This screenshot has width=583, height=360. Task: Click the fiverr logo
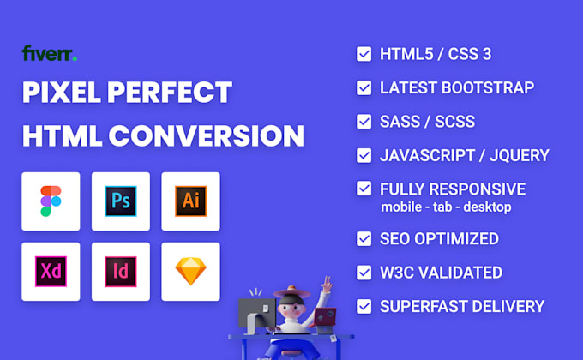click(50, 54)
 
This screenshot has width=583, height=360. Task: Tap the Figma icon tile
click(51, 201)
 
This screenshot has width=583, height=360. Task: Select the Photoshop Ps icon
click(121, 201)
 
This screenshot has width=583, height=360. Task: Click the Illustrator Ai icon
click(190, 201)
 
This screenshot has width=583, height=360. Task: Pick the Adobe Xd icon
click(51, 271)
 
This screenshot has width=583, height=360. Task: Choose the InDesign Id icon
click(121, 271)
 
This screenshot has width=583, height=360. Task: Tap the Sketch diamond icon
click(190, 271)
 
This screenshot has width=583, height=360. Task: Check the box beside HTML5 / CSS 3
click(364, 54)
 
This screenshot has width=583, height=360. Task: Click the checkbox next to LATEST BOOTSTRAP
click(364, 87)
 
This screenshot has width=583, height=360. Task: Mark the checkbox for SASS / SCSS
click(364, 122)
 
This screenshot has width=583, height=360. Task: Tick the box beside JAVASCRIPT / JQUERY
click(364, 155)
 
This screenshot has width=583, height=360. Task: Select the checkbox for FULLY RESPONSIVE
click(364, 189)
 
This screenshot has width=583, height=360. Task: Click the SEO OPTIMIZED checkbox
click(364, 238)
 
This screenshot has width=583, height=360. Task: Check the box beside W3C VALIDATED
click(364, 273)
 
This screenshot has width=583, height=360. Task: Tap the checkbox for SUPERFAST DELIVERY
click(364, 306)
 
